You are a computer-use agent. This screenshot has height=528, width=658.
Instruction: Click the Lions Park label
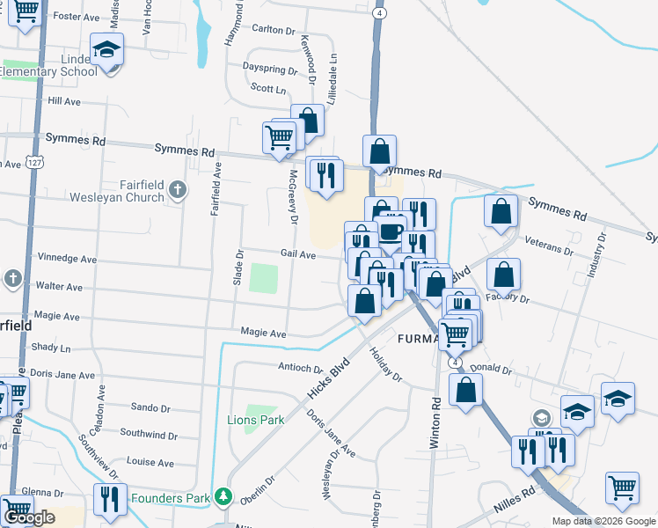click(256, 420)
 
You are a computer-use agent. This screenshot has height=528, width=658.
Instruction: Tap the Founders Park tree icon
click(225, 498)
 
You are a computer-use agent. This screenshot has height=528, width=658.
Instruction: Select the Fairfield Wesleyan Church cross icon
click(177, 188)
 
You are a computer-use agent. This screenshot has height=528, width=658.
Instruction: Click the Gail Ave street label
click(297, 254)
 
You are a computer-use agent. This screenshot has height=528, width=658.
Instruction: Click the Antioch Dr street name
click(301, 367)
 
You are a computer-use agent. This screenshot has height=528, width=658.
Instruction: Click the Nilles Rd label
click(515, 493)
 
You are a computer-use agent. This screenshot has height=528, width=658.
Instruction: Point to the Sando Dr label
click(150, 407)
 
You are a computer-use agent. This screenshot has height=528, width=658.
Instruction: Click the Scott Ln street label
click(268, 89)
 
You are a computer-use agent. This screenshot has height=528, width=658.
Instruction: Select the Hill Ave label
click(64, 101)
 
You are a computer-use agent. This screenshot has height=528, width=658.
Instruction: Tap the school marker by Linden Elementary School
click(106, 50)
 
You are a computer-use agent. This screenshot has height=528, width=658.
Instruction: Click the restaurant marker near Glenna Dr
click(110, 498)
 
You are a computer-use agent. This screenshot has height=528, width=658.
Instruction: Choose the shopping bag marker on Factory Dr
click(503, 274)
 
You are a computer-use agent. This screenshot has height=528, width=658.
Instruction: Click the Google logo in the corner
click(29, 517)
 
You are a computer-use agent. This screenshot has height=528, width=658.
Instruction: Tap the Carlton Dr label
click(273, 29)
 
